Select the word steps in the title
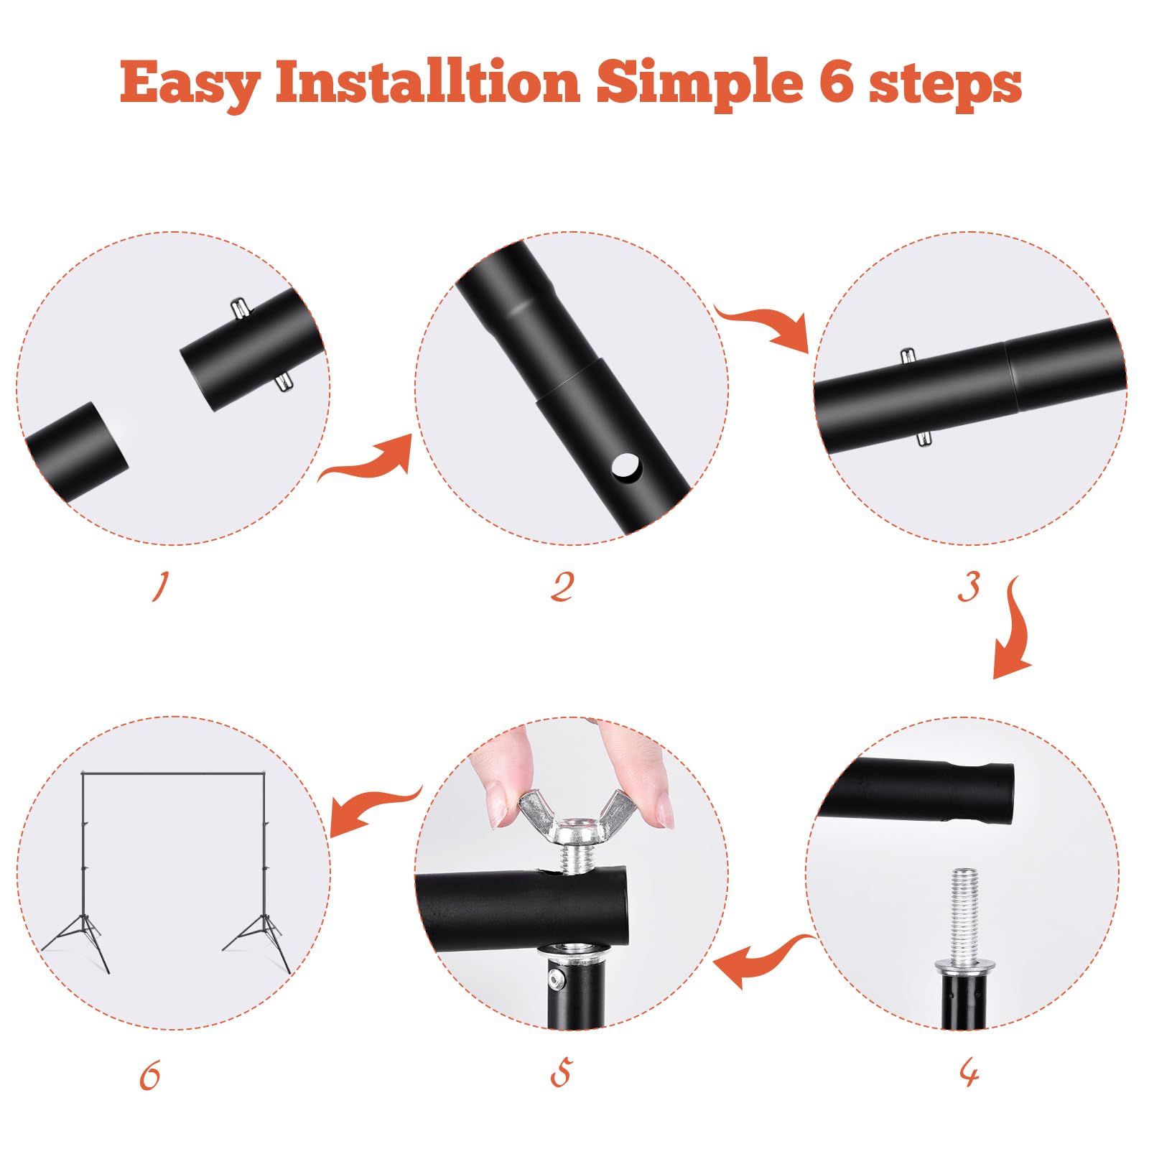click(x=945, y=84)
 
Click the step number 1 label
click(x=160, y=586)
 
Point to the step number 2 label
click(x=562, y=587)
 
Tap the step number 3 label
click(x=969, y=587)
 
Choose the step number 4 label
click(x=969, y=1074)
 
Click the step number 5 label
click(x=561, y=1073)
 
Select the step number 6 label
click(x=150, y=1076)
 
